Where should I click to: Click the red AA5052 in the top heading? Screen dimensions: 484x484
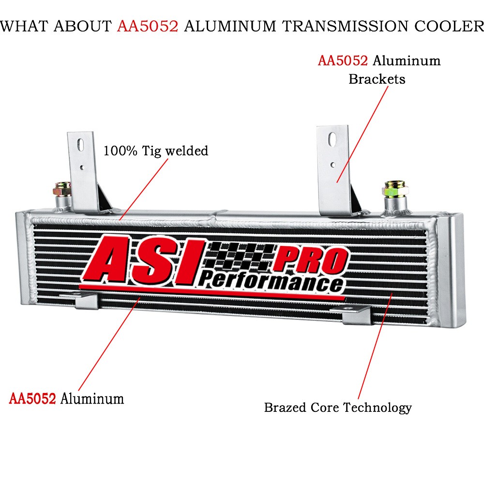(148, 26)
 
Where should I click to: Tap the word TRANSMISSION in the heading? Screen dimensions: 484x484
(346, 26)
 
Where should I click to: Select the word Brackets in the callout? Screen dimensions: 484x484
(377, 79)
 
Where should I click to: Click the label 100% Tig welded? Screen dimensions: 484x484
(155, 151)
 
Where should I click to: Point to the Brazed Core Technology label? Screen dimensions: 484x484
(338, 408)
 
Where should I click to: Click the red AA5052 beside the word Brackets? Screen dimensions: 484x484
(343, 61)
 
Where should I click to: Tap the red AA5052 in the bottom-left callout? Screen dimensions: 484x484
(32, 398)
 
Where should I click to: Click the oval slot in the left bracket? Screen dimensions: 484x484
(80, 145)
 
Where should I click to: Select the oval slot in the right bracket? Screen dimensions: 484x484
(333, 139)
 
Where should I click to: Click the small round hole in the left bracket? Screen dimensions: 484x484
(82, 168)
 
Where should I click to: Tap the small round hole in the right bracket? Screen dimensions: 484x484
(333, 165)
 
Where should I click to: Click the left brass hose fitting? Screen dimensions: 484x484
(62, 189)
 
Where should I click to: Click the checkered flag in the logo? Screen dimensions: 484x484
(240, 256)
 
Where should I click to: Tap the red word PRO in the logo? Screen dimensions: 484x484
(310, 259)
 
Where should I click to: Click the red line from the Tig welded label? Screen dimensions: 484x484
(144, 189)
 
